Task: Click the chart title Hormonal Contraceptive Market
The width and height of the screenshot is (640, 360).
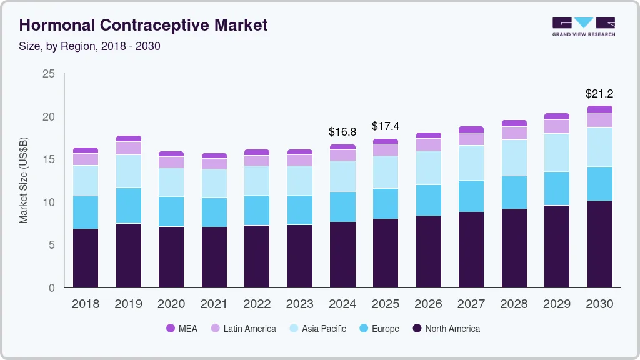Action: coord(143,25)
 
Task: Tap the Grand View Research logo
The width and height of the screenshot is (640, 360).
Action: coord(583,26)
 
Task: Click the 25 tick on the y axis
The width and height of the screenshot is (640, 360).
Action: coord(49,74)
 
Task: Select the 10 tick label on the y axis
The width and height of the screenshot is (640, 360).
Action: coord(49,202)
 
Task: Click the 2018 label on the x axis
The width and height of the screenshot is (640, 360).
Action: coord(86,304)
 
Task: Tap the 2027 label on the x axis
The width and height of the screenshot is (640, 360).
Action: coord(471,304)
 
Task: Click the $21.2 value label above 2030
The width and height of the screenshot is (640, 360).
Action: coord(599,94)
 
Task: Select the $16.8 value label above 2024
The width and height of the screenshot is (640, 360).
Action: coord(342,132)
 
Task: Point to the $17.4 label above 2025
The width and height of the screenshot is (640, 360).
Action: coord(386,126)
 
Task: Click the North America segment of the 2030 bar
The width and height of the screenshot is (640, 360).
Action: coord(599,244)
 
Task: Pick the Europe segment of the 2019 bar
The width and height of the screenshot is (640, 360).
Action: coord(128,206)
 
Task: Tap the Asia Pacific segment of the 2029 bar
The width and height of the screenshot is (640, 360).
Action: coord(556,152)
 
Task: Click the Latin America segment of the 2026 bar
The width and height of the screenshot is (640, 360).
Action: coord(428,144)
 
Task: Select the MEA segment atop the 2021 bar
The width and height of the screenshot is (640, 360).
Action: coord(214,156)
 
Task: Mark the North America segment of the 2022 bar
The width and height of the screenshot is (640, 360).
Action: coord(257,256)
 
